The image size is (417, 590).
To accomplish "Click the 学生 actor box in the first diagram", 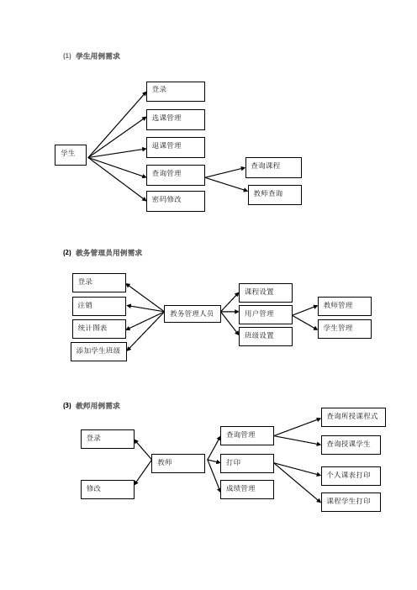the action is coord(71,155).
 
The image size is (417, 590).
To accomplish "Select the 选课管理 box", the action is coord(176,119).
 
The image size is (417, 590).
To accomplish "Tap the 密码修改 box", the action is coord(176,202).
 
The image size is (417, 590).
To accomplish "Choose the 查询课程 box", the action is coord(273,167).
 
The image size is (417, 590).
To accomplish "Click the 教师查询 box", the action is coord(275,195).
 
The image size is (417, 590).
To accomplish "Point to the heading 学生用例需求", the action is coord(98,56).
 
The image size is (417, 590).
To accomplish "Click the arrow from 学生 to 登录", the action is coord(117,124).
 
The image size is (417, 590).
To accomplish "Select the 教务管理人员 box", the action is coord(193,313).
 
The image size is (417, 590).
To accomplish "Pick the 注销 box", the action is coord(99,306).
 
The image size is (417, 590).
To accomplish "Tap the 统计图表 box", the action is coord(99,329).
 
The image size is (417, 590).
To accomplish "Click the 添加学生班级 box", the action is coord(98,351).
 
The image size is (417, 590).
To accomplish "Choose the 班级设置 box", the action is coord(266,336).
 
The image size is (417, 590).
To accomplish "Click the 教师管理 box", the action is coord(345,306).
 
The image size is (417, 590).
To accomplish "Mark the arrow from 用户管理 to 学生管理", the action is coord(305,323).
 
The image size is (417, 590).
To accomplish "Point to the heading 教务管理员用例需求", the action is coord(108,253).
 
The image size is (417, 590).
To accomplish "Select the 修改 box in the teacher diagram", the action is coord(108,489).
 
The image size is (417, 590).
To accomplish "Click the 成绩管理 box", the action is coord(247,489).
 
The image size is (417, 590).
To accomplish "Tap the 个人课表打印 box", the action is coord(351,476).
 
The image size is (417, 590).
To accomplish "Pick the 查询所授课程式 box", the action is coord(353,418).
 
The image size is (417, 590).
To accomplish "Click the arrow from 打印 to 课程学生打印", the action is coord(298,482).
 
